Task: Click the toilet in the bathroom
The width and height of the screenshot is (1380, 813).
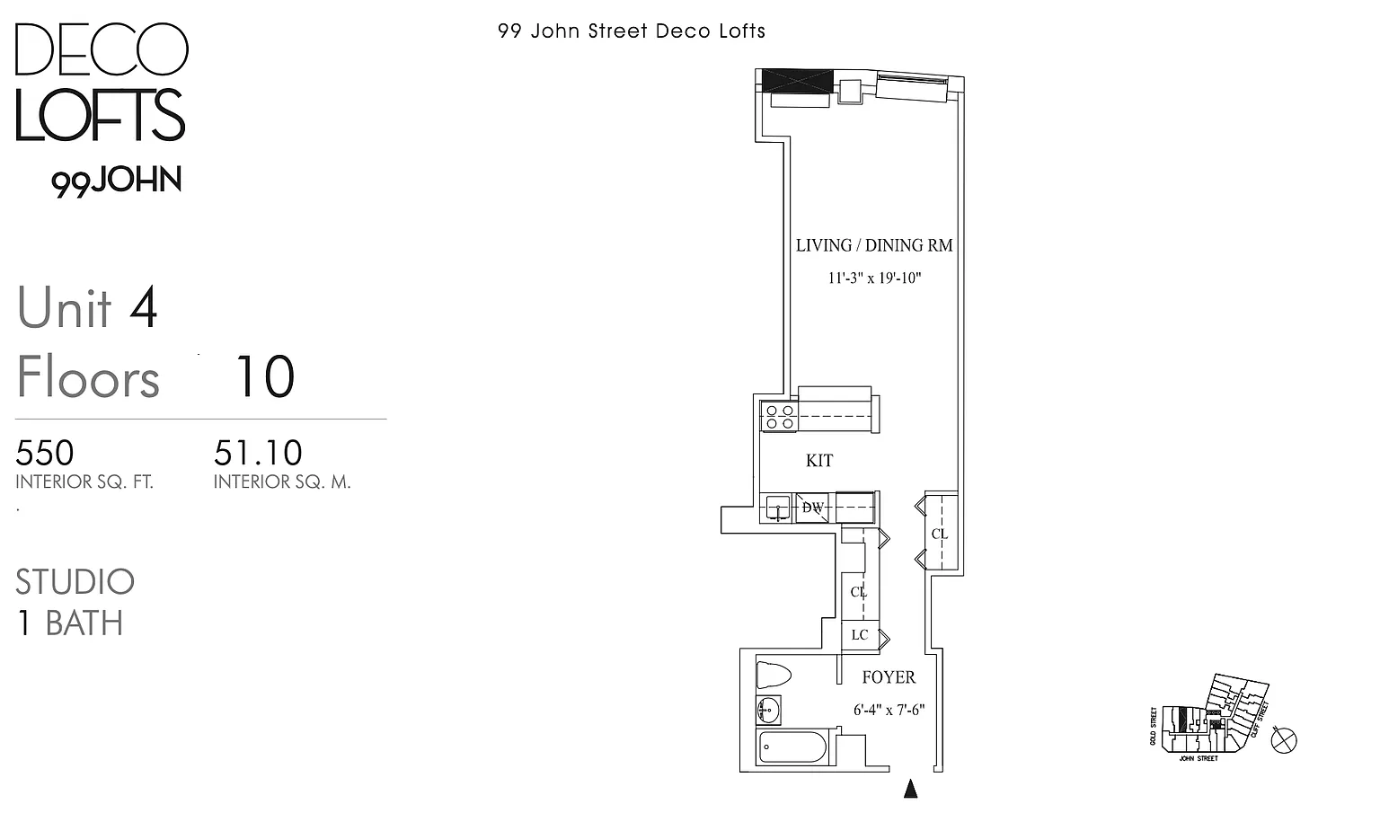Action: click(x=773, y=675)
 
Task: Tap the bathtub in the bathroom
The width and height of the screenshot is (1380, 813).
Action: click(x=792, y=747)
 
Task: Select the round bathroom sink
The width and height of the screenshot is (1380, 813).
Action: click(x=768, y=711)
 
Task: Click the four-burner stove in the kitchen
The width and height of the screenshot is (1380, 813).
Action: click(x=779, y=417)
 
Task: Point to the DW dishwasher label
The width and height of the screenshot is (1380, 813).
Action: click(x=813, y=508)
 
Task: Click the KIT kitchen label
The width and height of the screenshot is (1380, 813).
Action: click(x=819, y=461)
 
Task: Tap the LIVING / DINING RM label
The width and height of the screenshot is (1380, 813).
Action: click(x=873, y=245)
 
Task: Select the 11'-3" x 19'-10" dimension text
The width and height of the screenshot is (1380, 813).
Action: click(x=874, y=278)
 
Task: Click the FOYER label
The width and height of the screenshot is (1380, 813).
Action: click(x=889, y=677)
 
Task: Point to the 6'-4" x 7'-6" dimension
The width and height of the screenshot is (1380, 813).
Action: click(x=889, y=710)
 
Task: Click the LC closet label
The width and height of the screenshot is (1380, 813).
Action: click(x=860, y=635)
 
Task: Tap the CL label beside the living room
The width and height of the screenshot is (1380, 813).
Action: click(x=940, y=534)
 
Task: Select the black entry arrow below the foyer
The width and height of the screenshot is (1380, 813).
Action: click(x=911, y=789)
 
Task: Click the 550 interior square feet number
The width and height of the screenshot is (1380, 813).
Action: click(x=45, y=453)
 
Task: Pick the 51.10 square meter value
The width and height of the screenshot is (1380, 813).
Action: click(x=258, y=453)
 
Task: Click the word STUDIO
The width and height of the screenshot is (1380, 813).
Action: click(x=75, y=582)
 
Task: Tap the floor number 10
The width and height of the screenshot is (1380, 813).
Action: click(x=264, y=377)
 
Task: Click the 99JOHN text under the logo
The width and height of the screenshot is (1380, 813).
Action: click(x=117, y=181)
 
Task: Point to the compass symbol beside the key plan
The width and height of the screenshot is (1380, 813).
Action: click(x=1286, y=740)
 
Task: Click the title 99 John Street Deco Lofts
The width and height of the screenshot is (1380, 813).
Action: click(x=632, y=31)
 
